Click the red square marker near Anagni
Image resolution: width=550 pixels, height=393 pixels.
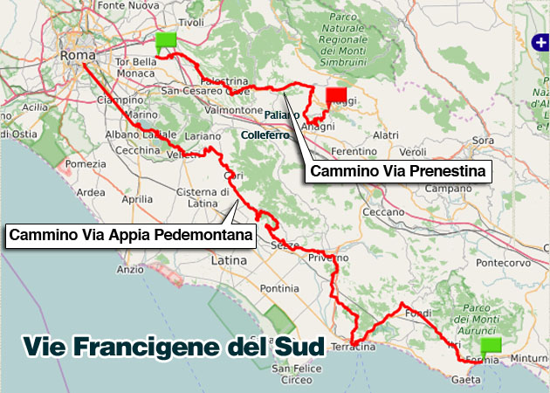336,96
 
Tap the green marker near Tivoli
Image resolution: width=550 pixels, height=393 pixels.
165,40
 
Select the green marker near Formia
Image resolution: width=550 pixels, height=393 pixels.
492,343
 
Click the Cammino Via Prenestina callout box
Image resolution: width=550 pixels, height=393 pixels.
399,170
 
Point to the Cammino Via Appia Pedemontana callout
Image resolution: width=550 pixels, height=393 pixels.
130,235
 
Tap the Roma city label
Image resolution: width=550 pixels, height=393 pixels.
77,56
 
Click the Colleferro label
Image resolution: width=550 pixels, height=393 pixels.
263,135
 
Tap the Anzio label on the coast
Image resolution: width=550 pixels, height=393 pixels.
130,270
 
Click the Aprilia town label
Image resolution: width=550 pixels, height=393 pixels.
136,199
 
